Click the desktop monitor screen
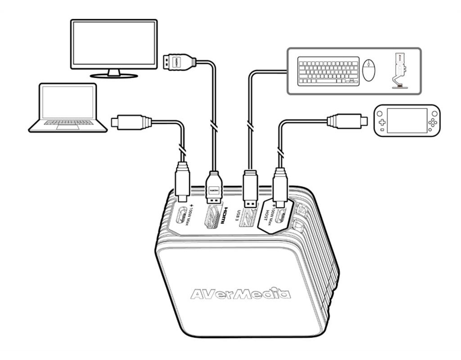tap(114, 43)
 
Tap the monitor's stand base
tap(114, 76)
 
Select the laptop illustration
tap(68, 108)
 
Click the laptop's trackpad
tap(68, 127)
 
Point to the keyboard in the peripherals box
tap(328, 71)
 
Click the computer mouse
tap(369, 70)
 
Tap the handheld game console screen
tap(407, 120)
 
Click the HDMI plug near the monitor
tap(179, 62)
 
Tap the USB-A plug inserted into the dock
tap(250, 188)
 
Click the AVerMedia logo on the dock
tap(240, 294)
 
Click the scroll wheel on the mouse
tap(369, 64)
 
